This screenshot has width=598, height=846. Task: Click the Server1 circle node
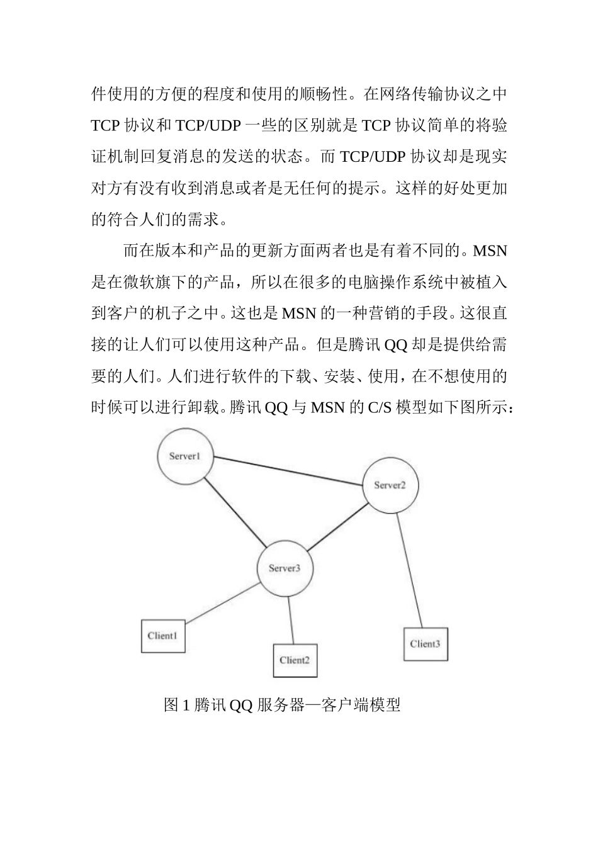184,457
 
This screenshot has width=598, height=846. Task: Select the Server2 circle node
390,485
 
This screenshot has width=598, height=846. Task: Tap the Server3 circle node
285,568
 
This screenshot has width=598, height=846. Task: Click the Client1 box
162,636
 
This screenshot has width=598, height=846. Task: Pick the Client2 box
295,660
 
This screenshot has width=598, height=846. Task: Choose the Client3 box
426,644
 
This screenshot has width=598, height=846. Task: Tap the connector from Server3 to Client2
291,621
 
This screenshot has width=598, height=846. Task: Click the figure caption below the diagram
282,705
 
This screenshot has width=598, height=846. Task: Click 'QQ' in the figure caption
241,706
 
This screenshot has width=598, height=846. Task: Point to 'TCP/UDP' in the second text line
208,125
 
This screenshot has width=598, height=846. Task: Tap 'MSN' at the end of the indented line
490,251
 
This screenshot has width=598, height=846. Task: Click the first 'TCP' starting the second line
105,125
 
